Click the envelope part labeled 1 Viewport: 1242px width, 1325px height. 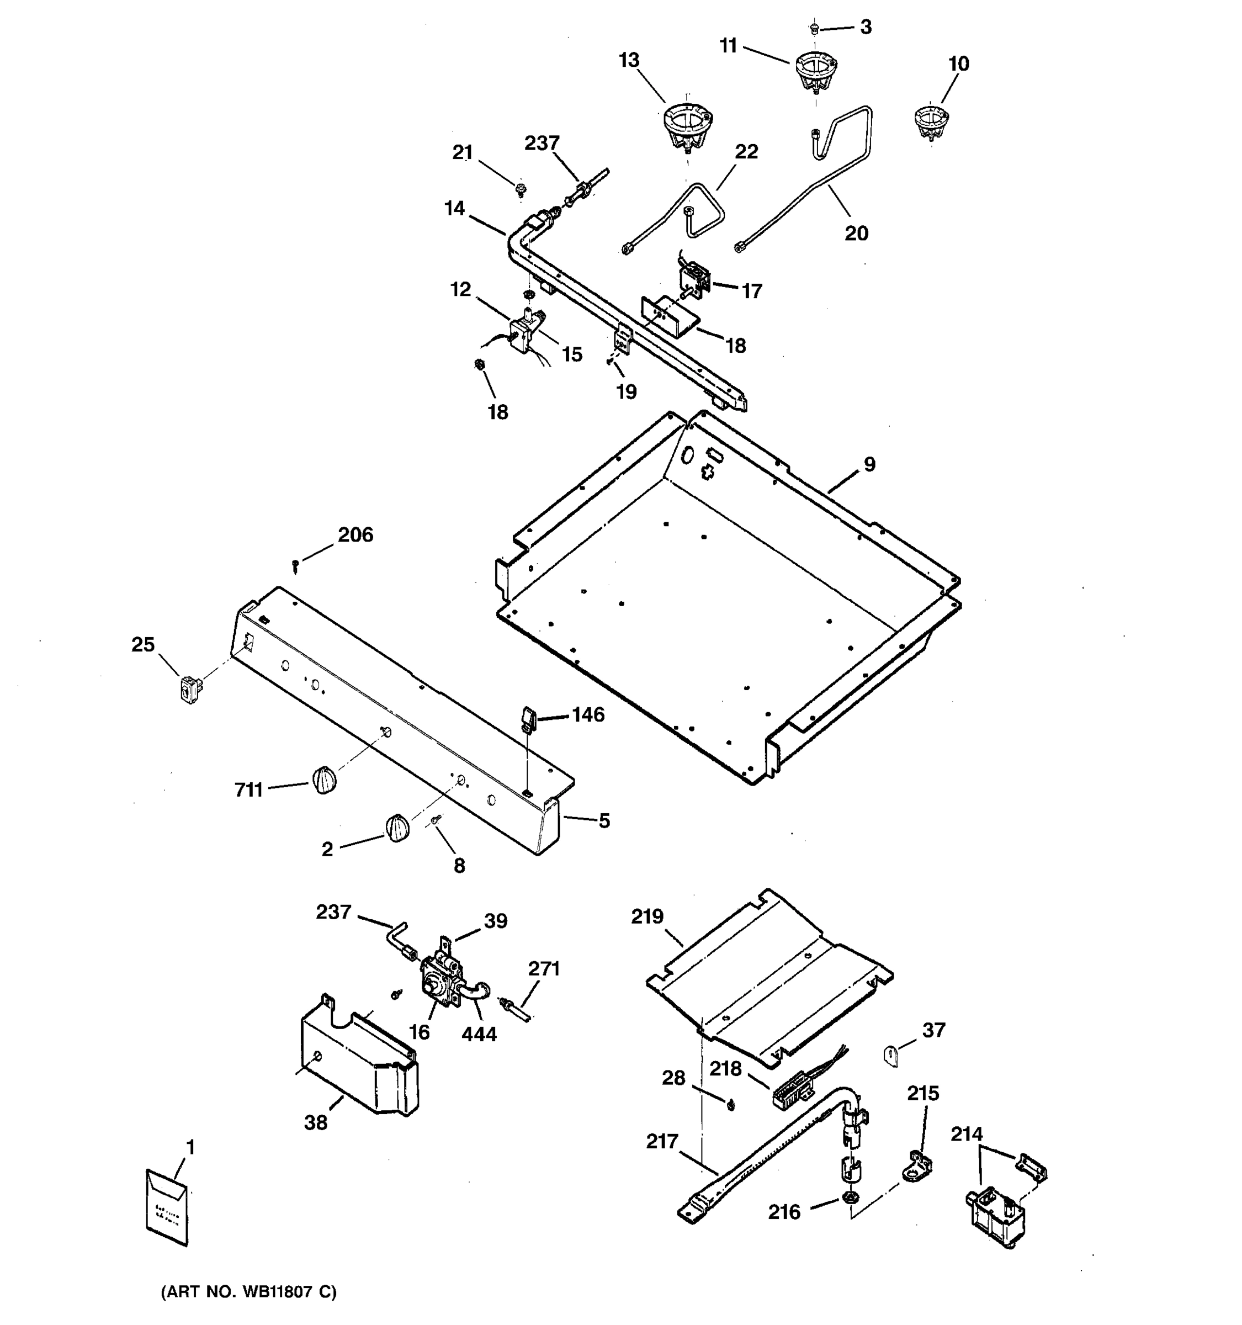point(167,1206)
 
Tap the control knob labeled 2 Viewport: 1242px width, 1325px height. point(397,829)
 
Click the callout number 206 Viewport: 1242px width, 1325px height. point(355,534)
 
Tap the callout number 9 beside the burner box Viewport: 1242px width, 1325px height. point(869,464)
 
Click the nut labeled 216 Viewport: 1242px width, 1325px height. point(850,1197)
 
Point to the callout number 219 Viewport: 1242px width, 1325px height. point(647,917)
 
